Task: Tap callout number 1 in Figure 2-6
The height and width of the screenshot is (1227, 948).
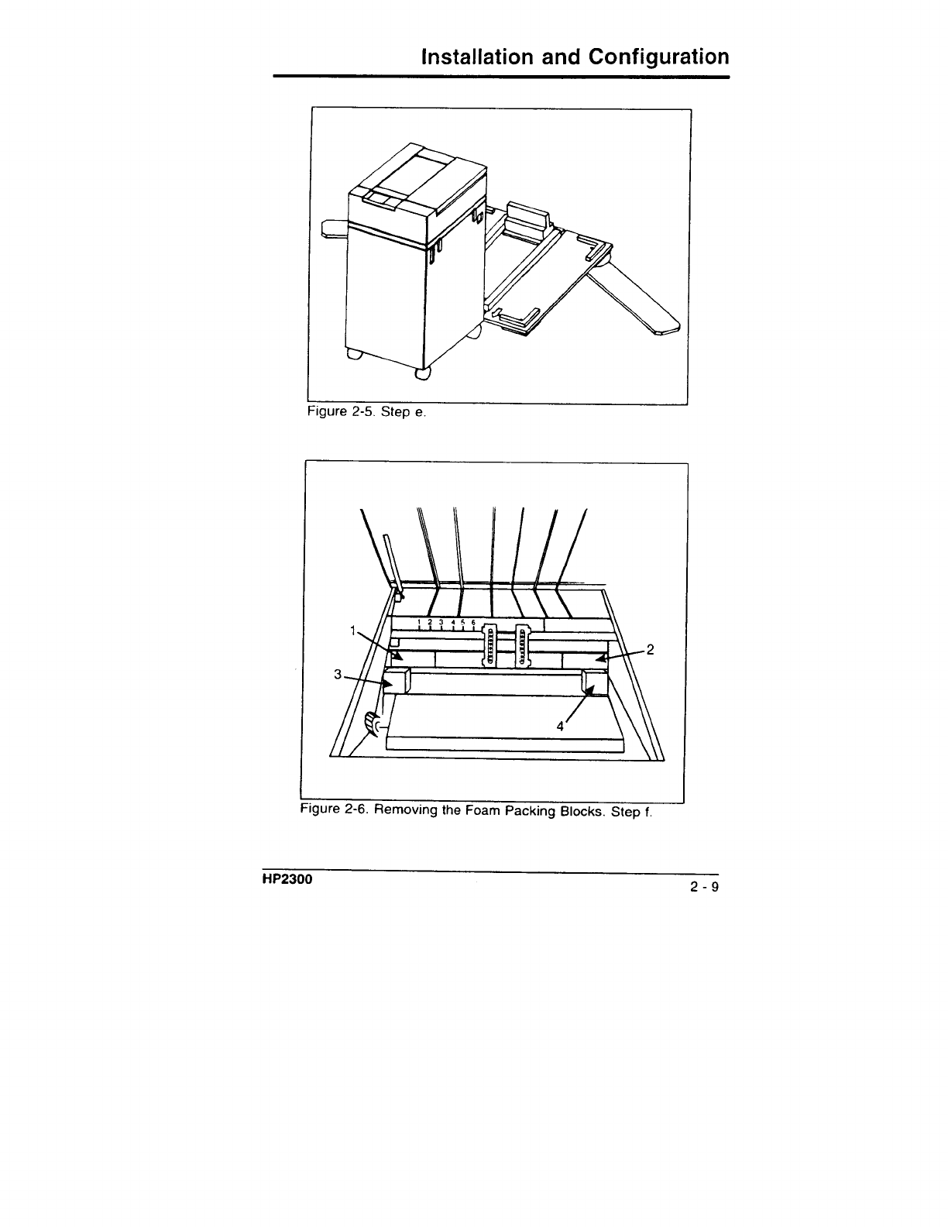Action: (x=353, y=631)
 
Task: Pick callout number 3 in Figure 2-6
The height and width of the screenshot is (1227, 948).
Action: (x=338, y=674)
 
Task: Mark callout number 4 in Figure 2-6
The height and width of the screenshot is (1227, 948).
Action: (x=559, y=726)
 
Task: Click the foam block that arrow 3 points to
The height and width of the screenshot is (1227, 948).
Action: (x=397, y=682)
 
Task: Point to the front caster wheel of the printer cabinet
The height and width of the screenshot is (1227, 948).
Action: (x=423, y=375)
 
